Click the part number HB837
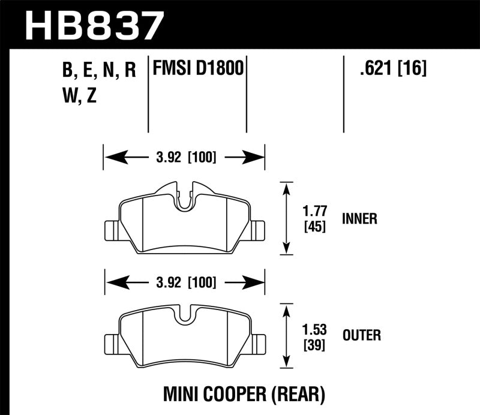point(94,26)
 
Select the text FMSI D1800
point(199,68)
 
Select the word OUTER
point(362,335)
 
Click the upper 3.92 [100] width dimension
point(184,158)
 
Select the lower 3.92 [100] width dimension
point(184,281)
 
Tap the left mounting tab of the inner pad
point(112,228)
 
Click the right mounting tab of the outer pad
point(258,343)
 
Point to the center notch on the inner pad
point(185,200)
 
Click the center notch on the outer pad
point(185,315)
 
